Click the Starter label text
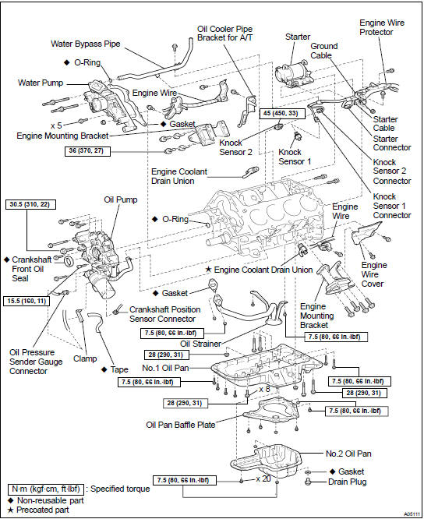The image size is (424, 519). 298,37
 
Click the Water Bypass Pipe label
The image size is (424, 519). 86,44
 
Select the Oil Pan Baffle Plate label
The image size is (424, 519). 181,425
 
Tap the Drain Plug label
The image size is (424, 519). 347,482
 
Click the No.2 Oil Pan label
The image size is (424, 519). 348,454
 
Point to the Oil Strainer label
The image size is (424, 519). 200,344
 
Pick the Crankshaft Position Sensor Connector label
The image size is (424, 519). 164,314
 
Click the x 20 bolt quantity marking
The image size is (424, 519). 263,478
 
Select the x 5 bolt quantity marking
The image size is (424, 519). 56,125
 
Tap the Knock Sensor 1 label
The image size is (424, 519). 295,157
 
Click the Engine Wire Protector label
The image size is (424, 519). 382,27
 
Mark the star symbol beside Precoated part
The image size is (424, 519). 11,510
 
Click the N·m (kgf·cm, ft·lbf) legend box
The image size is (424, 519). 46,489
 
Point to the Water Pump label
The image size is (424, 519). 41,83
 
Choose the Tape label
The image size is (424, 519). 119,369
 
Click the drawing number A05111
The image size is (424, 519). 412,514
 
